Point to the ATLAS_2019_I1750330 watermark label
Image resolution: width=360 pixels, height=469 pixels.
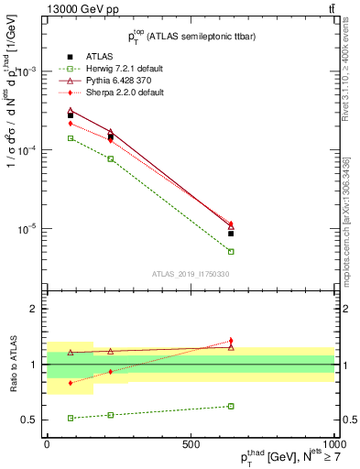[191, 273]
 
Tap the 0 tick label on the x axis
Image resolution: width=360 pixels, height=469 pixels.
[47, 442]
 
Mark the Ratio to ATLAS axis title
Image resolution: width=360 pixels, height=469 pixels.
[12, 364]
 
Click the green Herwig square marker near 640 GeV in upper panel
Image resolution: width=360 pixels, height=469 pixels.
[231, 251]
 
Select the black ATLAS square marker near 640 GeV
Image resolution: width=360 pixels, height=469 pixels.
[231, 234]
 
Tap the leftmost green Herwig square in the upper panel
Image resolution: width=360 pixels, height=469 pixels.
[71, 138]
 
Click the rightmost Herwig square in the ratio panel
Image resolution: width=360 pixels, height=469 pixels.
[231, 406]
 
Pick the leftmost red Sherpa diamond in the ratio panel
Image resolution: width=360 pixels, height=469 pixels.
[71, 383]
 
